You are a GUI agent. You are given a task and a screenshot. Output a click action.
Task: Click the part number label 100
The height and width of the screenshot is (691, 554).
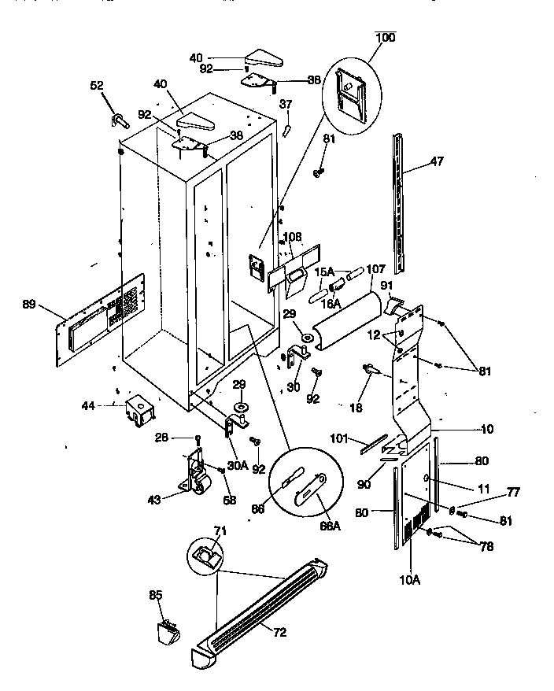(x=386, y=37)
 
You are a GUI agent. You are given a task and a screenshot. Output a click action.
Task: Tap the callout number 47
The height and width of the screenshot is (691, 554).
(x=437, y=162)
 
